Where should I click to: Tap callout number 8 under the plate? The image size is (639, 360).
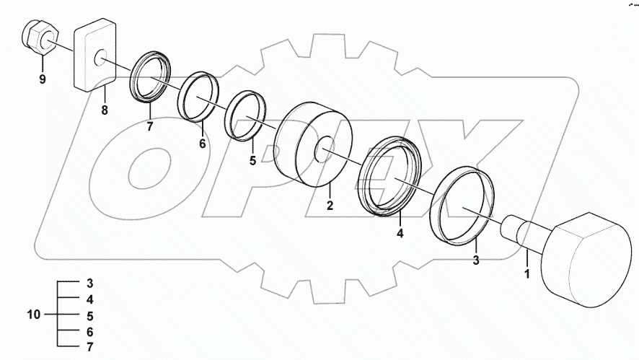[104, 111]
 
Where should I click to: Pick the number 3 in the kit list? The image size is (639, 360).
[90, 282]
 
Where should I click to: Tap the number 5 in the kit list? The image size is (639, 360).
[90, 315]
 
